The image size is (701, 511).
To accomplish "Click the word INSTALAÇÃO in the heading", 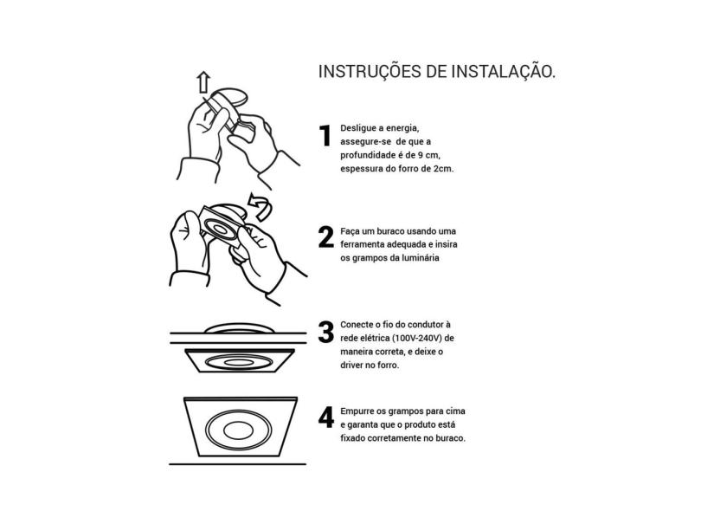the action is point(503,72).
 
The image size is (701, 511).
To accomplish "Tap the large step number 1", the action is point(325,136).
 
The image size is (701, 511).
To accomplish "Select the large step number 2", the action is point(326,237).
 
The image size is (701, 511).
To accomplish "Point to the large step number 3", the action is point(326,332).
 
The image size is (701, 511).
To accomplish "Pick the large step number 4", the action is point(326,417).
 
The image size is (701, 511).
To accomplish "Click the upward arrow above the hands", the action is point(203,82).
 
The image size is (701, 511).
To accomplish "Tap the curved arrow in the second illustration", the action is point(260,207).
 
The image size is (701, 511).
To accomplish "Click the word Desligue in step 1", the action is point(357,128).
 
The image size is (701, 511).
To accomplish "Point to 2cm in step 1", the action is point(443,169).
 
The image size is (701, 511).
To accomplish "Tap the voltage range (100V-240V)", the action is point(416,339).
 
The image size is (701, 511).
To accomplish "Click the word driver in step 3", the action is point(352,365).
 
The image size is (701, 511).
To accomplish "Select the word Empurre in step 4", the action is point(357,411).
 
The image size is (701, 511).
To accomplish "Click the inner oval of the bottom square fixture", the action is point(238,431).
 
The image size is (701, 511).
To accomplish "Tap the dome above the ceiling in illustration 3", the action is point(239,328).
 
